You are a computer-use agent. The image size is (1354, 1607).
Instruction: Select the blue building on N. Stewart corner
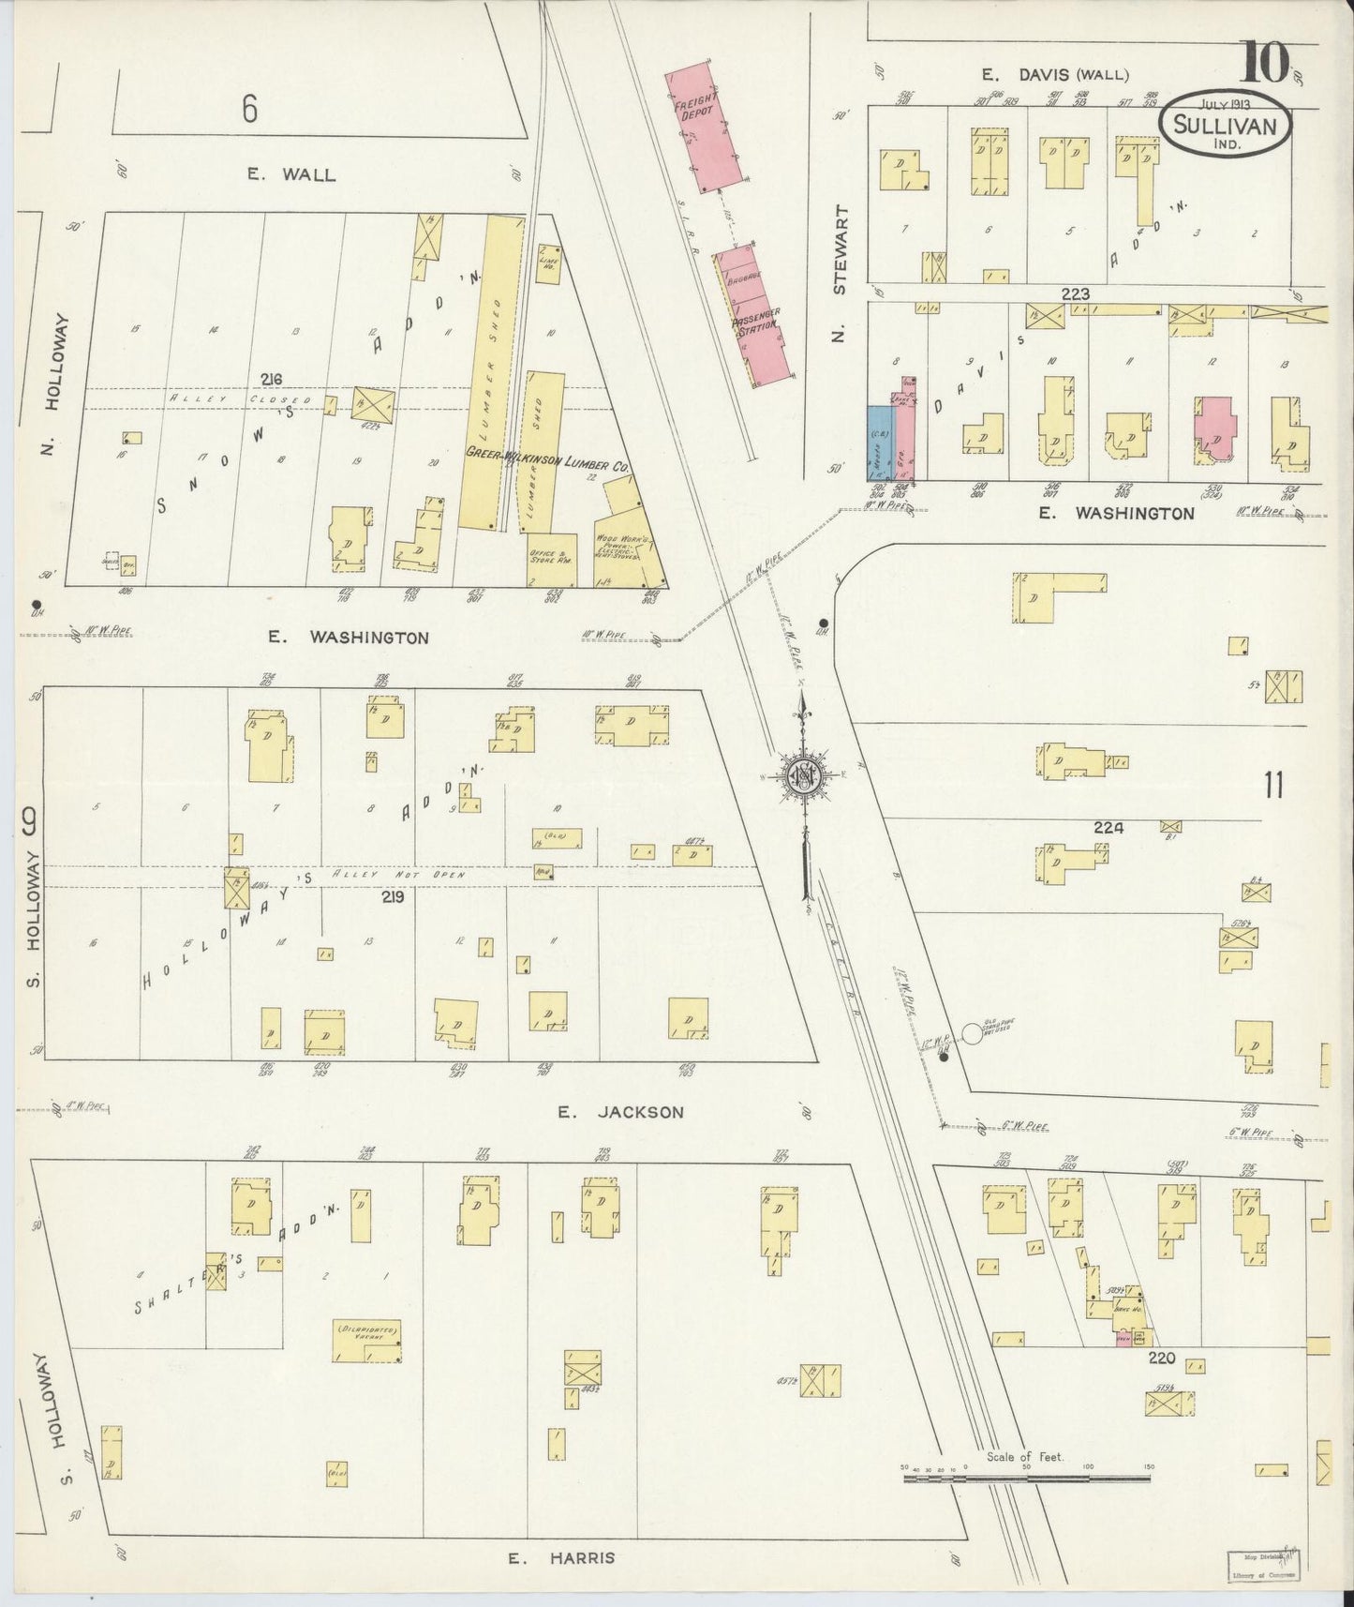pos(880,443)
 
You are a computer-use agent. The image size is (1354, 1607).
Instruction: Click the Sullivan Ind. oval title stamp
pos(1225,126)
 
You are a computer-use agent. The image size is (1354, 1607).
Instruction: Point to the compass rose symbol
pos(803,776)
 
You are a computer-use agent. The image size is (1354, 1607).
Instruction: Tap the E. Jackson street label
pos(620,1112)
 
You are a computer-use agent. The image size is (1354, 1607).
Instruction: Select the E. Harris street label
pos(562,1557)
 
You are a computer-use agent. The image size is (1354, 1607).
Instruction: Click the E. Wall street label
pos(291,173)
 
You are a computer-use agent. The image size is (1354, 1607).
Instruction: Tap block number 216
pos(271,379)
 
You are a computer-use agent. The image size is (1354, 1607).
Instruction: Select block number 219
pos(393,897)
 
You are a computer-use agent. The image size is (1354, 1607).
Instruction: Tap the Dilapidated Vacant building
pos(367,1340)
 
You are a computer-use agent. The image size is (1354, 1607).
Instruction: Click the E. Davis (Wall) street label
pos(1055,75)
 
